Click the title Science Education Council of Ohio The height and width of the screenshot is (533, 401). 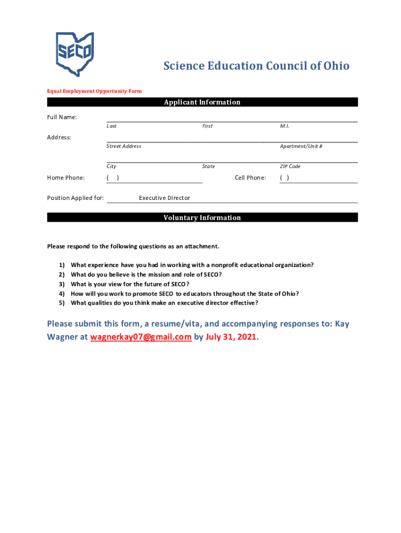256,66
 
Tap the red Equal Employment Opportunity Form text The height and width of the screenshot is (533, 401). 94,91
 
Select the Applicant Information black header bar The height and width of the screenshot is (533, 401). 202,102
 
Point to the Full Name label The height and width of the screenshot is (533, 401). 62,117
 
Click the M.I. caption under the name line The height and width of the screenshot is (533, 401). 285,126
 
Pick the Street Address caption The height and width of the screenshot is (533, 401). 124,146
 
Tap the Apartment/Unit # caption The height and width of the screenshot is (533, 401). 301,146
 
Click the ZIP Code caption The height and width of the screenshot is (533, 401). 290,167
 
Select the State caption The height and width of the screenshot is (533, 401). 208,167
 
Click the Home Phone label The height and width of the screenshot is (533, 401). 66,178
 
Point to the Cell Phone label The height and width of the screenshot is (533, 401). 250,178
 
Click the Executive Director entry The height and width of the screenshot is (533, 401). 165,198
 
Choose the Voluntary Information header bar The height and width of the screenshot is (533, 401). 202,218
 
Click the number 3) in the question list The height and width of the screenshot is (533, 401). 61,284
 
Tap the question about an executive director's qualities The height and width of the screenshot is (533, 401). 164,303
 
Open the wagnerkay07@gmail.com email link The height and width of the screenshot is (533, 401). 141,337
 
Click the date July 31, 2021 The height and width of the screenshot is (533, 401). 231,337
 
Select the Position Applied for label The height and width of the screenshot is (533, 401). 76,198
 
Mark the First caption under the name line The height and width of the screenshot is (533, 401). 207,126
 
